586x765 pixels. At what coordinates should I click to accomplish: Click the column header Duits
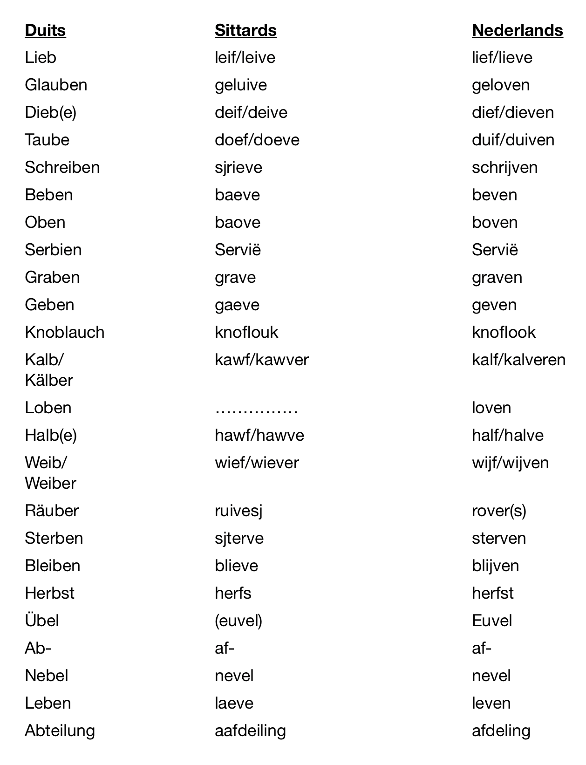(45, 30)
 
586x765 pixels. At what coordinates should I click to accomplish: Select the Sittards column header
(245, 30)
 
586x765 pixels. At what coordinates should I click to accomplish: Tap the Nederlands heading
(517, 30)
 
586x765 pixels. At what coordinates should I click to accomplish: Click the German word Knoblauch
(64, 332)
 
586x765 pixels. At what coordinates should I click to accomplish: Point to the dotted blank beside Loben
(256, 410)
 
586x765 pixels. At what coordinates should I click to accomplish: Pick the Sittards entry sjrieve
(238, 167)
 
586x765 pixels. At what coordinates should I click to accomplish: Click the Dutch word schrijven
(504, 167)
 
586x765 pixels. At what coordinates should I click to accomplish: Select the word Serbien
(53, 250)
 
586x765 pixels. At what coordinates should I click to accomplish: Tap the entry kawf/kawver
(261, 360)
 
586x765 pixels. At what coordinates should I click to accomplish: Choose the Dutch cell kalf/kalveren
(518, 360)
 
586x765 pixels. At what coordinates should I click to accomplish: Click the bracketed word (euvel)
(238, 621)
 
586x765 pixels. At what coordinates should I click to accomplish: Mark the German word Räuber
(52, 511)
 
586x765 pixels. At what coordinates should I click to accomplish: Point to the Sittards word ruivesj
(238, 511)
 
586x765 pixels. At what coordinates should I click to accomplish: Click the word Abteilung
(60, 731)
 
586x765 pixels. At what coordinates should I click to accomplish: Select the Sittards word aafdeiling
(250, 731)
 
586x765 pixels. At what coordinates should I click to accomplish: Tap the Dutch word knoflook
(504, 332)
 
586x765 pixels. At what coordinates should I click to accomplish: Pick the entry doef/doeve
(257, 140)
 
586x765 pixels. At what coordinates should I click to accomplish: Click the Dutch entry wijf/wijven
(510, 463)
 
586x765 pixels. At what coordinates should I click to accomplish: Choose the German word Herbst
(49, 593)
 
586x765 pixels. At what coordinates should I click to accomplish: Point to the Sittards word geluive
(241, 85)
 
